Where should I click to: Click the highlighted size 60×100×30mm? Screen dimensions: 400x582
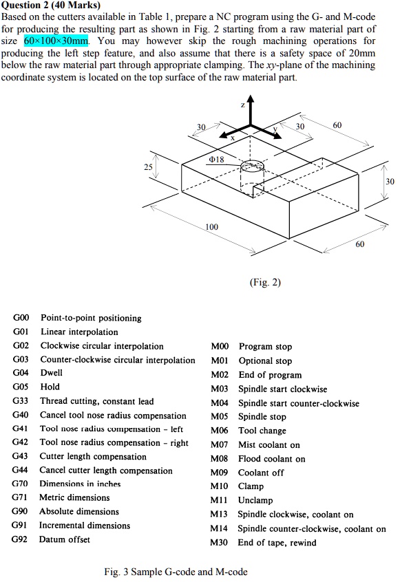coord(56,41)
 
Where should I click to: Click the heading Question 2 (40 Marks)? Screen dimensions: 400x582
coord(51,6)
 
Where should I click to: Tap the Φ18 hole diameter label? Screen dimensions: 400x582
coord(217,159)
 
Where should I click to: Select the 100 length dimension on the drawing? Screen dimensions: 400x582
coord(211,227)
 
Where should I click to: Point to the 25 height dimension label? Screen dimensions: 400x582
coord(148,167)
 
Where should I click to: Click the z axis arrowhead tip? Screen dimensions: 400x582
coord(251,96)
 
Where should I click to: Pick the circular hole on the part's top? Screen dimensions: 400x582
coord(252,166)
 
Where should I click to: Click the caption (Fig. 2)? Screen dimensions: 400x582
coord(265,283)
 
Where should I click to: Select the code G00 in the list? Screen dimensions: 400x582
coord(21,318)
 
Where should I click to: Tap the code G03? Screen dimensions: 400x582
coord(21,359)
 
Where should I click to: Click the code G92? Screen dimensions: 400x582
coord(19,539)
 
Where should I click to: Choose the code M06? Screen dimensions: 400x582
coord(219,431)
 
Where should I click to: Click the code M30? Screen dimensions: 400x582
coord(219,543)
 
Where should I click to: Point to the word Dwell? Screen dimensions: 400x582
coord(51,373)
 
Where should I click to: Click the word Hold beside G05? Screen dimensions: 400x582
coord(50,387)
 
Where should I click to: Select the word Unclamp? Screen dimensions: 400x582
coord(255,500)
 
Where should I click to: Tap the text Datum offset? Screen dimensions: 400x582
coord(65,539)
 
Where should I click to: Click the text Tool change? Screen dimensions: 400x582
coord(262,431)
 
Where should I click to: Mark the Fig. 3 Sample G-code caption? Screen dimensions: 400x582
coord(176,572)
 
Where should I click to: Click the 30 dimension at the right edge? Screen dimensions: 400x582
coord(390,182)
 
